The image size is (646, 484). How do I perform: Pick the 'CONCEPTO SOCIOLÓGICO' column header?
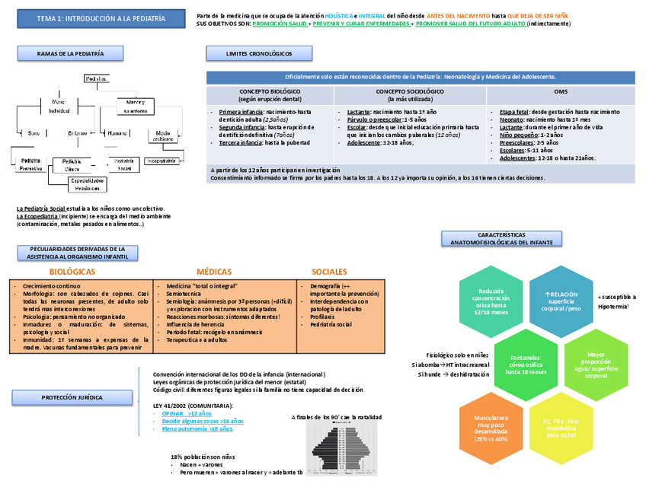click(411, 95)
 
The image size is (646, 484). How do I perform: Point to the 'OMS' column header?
click(560, 91)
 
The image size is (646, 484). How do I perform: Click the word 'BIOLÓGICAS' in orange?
click(72, 272)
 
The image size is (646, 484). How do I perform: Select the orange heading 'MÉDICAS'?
click(214, 272)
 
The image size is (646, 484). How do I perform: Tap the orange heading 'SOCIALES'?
click(329, 272)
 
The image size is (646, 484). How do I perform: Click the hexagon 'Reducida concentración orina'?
click(490, 301)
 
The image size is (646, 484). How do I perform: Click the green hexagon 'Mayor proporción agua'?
click(596, 364)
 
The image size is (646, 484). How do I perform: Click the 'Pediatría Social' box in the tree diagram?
click(123, 164)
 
